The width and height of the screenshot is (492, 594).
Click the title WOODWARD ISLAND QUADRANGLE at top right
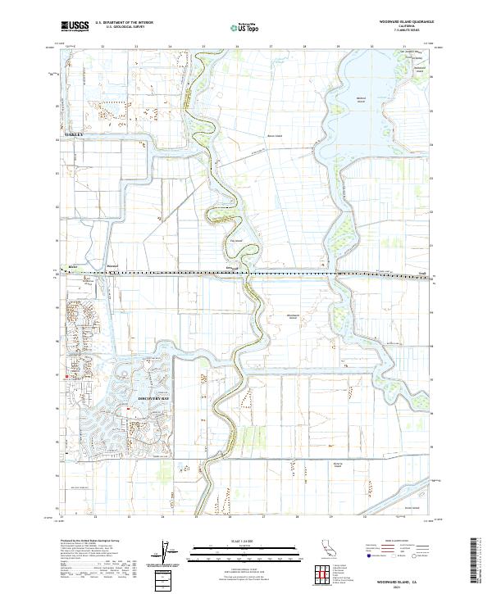[408, 22]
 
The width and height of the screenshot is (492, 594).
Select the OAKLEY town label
[62, 133]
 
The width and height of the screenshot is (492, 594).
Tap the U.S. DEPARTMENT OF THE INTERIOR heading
[123, 24]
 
